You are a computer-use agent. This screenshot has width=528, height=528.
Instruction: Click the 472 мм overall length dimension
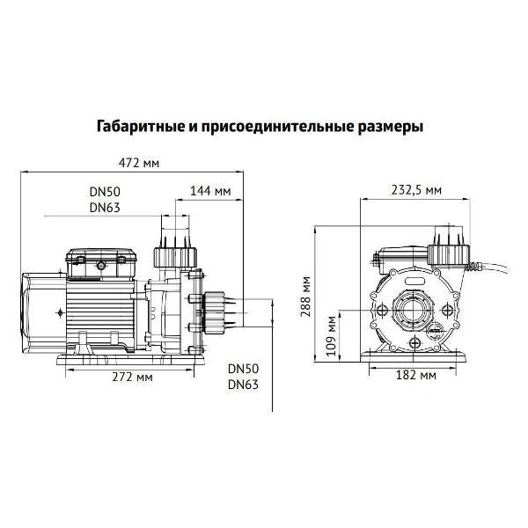pos(138,162)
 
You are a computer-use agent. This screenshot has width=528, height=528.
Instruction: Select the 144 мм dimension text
pos(210,190)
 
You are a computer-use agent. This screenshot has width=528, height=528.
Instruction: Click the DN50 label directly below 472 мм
pos(105,192)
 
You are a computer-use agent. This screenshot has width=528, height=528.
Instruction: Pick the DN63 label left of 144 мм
pos(105,208)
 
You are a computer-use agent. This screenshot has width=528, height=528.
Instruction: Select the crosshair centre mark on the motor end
pos(59,312)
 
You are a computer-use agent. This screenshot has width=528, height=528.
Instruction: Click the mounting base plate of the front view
pos(414,357)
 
